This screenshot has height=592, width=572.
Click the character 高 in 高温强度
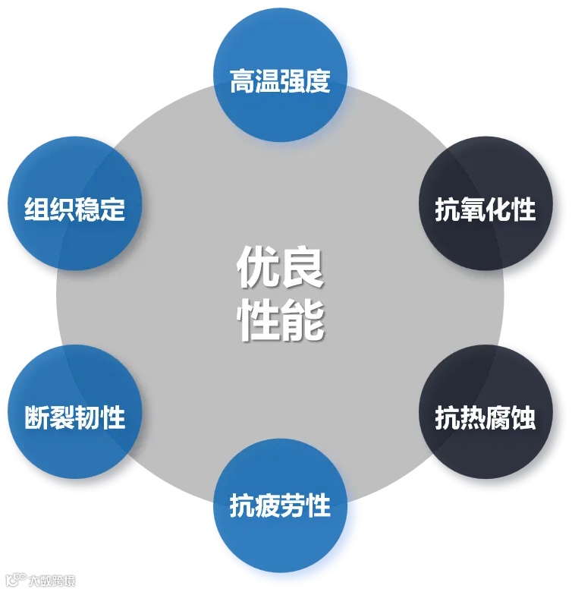(243, 81)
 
